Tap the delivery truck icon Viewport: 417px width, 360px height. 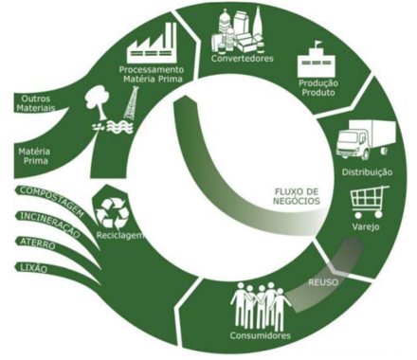366,139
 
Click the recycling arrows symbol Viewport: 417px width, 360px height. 112,212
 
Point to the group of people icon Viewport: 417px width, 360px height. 262,305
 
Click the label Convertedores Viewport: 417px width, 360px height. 243,59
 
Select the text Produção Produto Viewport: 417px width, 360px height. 318,88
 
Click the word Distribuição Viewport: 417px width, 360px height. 367,172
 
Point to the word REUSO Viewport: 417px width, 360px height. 323,282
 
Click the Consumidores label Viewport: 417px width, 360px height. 260,335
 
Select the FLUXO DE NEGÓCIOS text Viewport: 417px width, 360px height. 296,196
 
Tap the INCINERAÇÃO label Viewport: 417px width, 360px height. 50,225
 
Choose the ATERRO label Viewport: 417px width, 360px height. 38,243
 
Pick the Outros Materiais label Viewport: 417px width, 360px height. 36,103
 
